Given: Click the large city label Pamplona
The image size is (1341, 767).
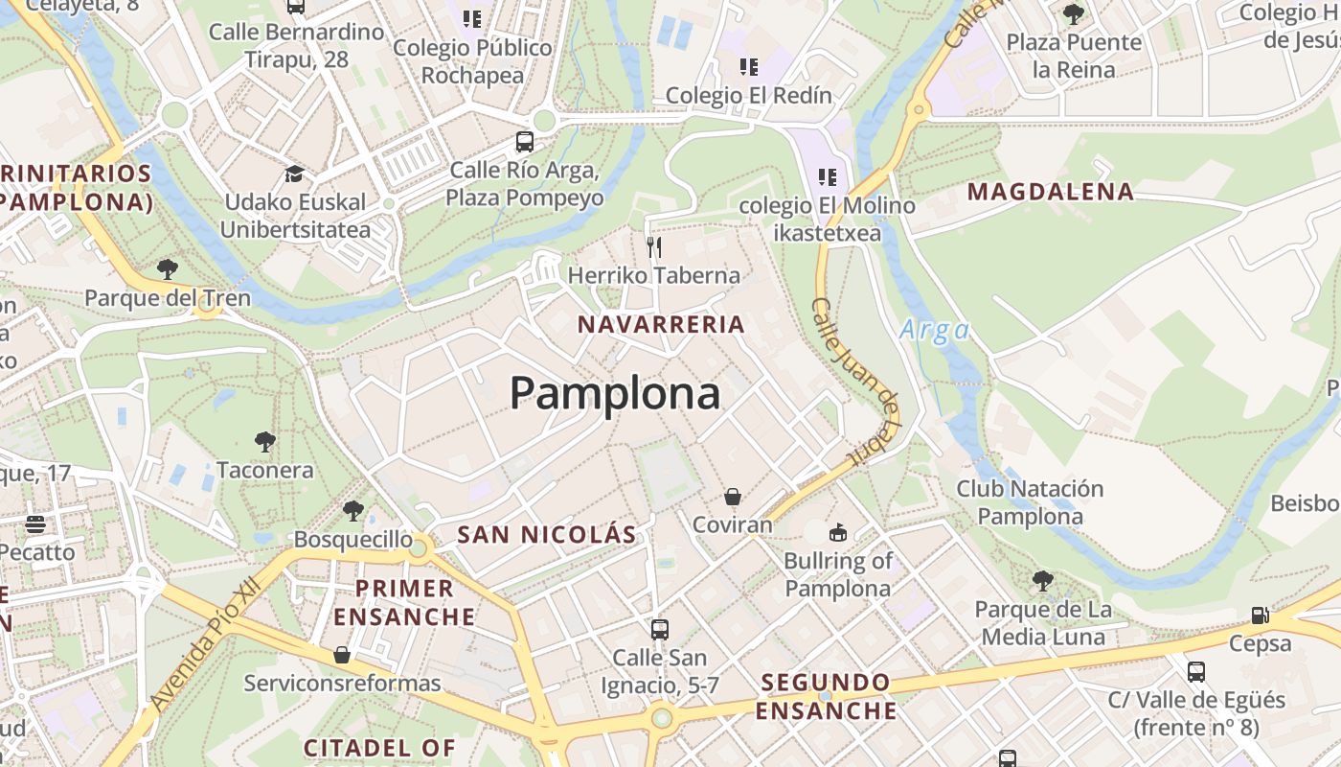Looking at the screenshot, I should click(x=614, y=393).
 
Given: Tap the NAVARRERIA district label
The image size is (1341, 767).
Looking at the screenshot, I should click(x=661, y=325).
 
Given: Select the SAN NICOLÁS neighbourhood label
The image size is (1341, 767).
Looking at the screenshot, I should click(x=547, y=535).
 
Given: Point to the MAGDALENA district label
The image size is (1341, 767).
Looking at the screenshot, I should click(x=1051, y=192).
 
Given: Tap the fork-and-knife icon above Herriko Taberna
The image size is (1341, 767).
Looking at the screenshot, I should click(x=654, y=247).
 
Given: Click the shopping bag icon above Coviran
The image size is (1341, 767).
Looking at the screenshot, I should click(x=733, y=497).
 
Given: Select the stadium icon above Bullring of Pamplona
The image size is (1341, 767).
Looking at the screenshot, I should click(x=837, y=532).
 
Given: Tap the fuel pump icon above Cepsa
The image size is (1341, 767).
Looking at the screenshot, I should click(x=1261, y=616).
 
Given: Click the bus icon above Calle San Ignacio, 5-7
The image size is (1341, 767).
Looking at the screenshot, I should click(x=659, y=630).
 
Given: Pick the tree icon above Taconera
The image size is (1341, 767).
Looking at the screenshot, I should click(x=265, y=442).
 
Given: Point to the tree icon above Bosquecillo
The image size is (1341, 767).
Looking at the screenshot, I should click(x=353, y=511).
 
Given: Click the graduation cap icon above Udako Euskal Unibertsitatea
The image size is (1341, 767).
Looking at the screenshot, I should click(x=294, y=174).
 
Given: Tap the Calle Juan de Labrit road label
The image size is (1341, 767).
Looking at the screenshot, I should click(x=856, y=382).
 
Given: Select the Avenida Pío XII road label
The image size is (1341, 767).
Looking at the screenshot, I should click(x=206, y=646).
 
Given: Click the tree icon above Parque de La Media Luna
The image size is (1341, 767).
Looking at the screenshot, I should click(x=1043, y=581).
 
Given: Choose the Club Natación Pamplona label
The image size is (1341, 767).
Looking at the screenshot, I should click(x=1030, y=502).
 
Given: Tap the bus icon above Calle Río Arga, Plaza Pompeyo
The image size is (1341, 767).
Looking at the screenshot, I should click(x=524, y=142).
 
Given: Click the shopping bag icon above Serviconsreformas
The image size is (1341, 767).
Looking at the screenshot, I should click(x=342, y=655).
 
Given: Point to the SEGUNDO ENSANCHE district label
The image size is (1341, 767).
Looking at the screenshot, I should click(x=826, y=697).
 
